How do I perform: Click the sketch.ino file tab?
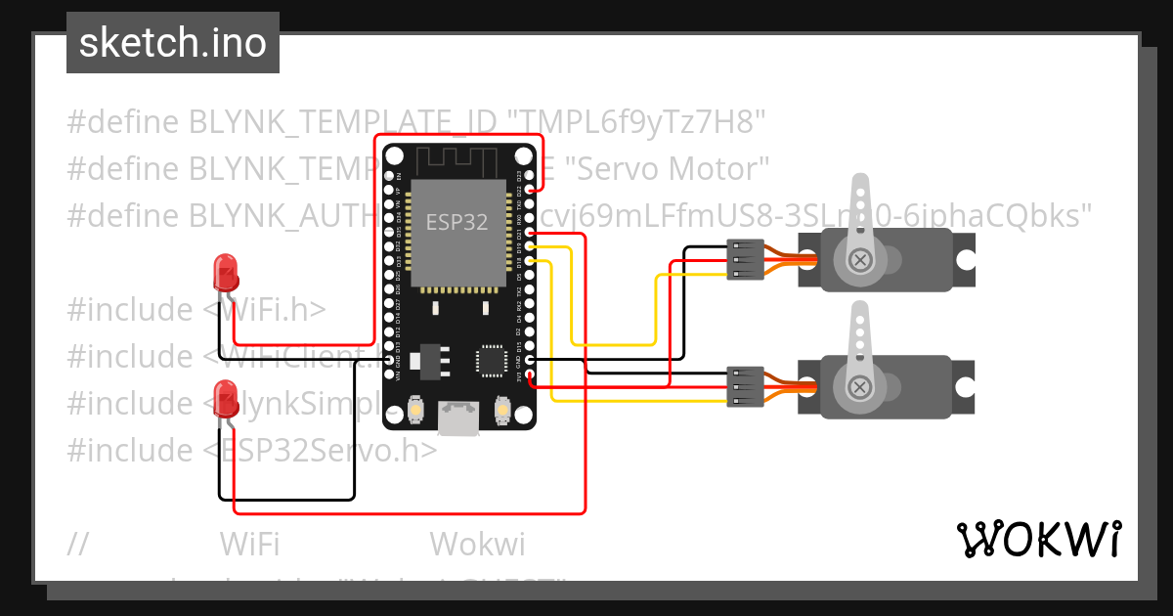coord(173,43)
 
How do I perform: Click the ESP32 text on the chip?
coord(456,222)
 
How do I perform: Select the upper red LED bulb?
coord(226,272)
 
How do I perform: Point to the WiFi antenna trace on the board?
coord(457,158)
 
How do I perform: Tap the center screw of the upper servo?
coord(860,259)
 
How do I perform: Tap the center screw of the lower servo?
coord(860,387)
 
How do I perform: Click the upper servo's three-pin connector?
coord(745,260)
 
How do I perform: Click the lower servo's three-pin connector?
coord(745,387)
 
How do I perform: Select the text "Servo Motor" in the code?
coord(669,168)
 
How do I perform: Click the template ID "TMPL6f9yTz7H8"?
coord(635,122)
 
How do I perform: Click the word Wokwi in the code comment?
coord(477,544)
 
